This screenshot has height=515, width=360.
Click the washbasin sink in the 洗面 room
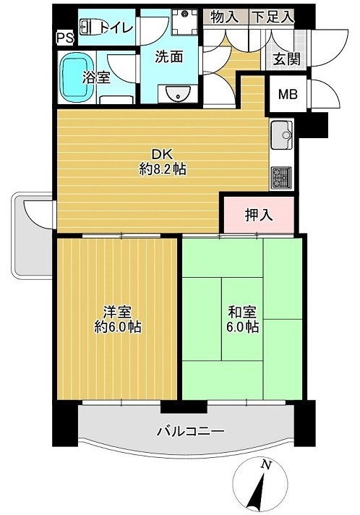[x=176, y=93]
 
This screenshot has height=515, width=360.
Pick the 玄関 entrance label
[x=286, y=59]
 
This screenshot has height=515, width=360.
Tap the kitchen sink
[x=280, y=135]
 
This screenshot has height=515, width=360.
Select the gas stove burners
[x=280, y=176]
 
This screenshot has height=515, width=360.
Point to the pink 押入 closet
[x=258, y=214]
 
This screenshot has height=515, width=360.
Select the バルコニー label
[x=191, y=432]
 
